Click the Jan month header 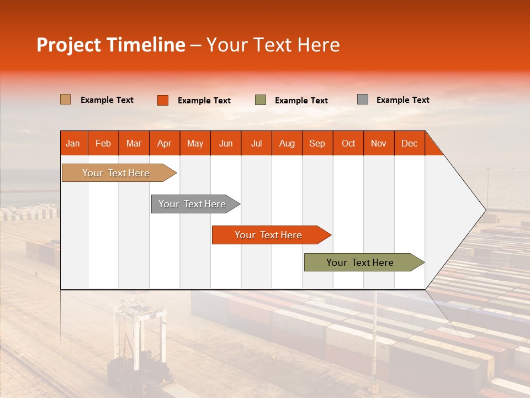tap(73, 143)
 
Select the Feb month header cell tap(103, 143)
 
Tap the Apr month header tap(165, 143)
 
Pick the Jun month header tap(226, 143)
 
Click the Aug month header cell tap(287, 143)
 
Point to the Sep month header tap(317, 143)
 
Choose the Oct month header tap(348, 143)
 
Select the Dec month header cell tap(410, 143)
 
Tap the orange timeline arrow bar tap(269, 235)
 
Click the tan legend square tap(66, 99)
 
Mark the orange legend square tap(163, 100)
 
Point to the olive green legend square tap(261, 100)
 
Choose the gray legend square tap(363, 99)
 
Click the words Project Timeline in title tap(111, 45)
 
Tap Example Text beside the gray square tap(403, 100)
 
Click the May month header tap(195, 143)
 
